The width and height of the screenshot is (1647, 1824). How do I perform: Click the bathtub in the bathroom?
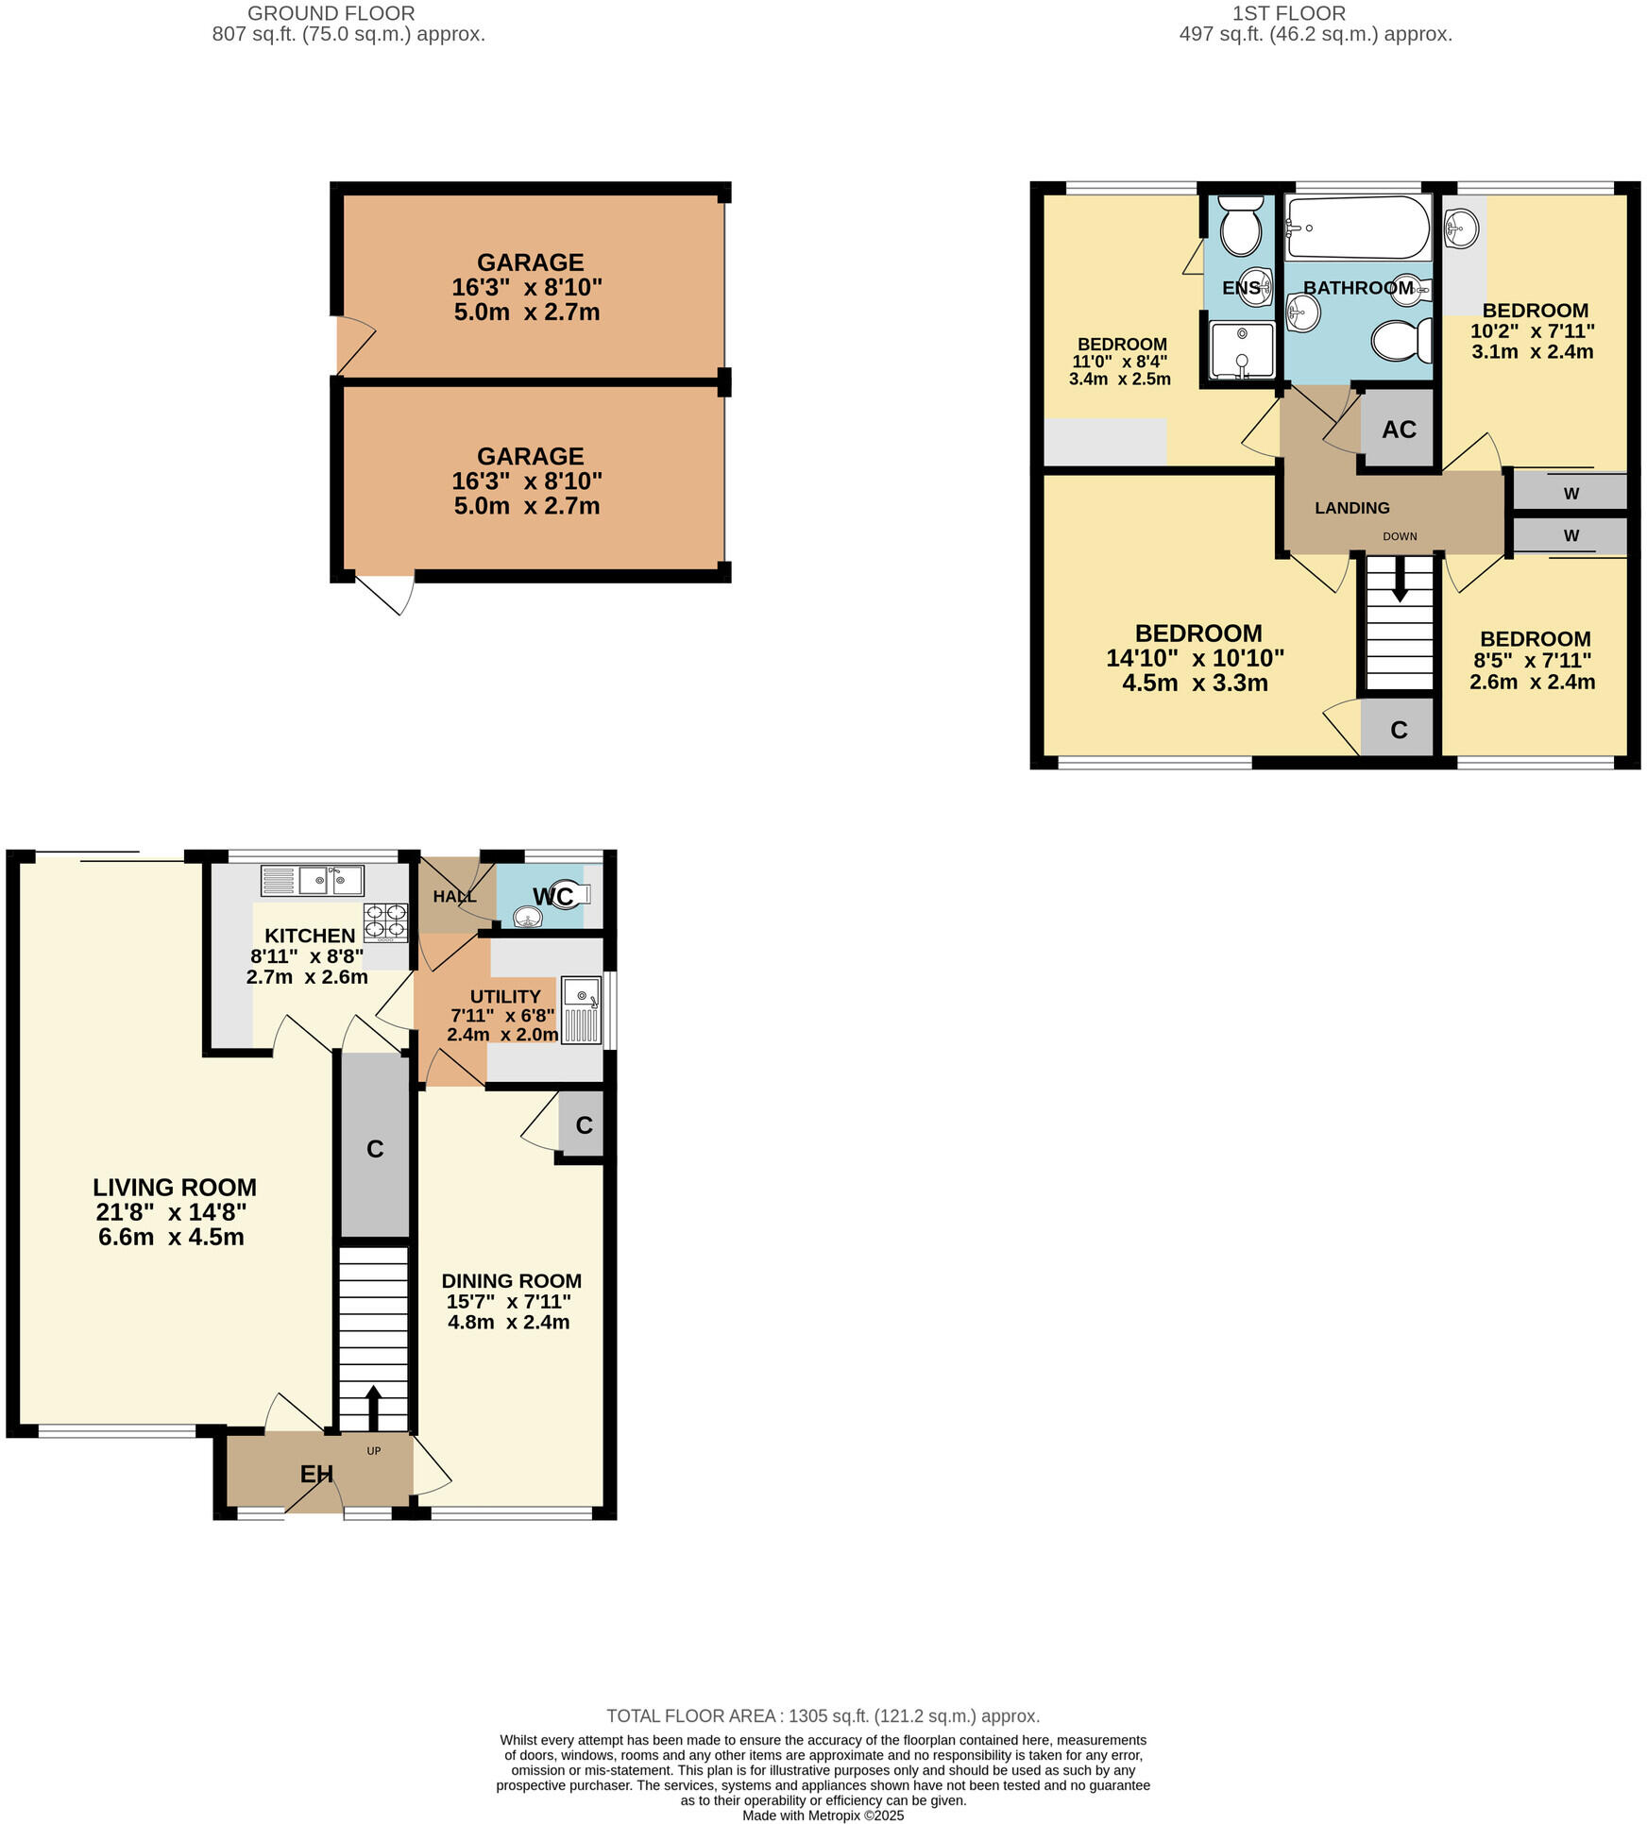[x=1357, y=228]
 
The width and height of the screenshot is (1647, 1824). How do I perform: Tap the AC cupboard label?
[x=1399, y=430]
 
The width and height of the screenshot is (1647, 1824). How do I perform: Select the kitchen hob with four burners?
[x=385, y=922]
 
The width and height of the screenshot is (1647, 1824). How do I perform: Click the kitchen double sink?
[x=313, y=881]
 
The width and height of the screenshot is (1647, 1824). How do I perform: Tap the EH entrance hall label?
[x=316, y=1474]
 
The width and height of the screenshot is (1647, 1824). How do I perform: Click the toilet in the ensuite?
[x=1240, y=226]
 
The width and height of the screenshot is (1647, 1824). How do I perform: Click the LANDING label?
[x=1351, y=508]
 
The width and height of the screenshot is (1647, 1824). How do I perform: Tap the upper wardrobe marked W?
[x=1571, y=493]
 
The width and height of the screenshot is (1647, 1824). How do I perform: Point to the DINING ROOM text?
[x=511, y=1281]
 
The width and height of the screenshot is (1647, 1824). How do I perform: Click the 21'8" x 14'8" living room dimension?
[x=174, y=1212]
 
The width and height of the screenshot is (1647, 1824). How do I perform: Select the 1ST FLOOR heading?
[x=1288, y=13]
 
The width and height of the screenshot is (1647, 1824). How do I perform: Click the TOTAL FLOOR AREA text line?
[x=823, y=1716]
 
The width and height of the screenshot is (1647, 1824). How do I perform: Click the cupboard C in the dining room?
[x=584, y=1124]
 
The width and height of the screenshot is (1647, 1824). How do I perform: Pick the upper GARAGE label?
[x=530, y=262]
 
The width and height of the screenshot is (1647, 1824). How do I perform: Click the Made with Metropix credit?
[x=823, y=1816]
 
